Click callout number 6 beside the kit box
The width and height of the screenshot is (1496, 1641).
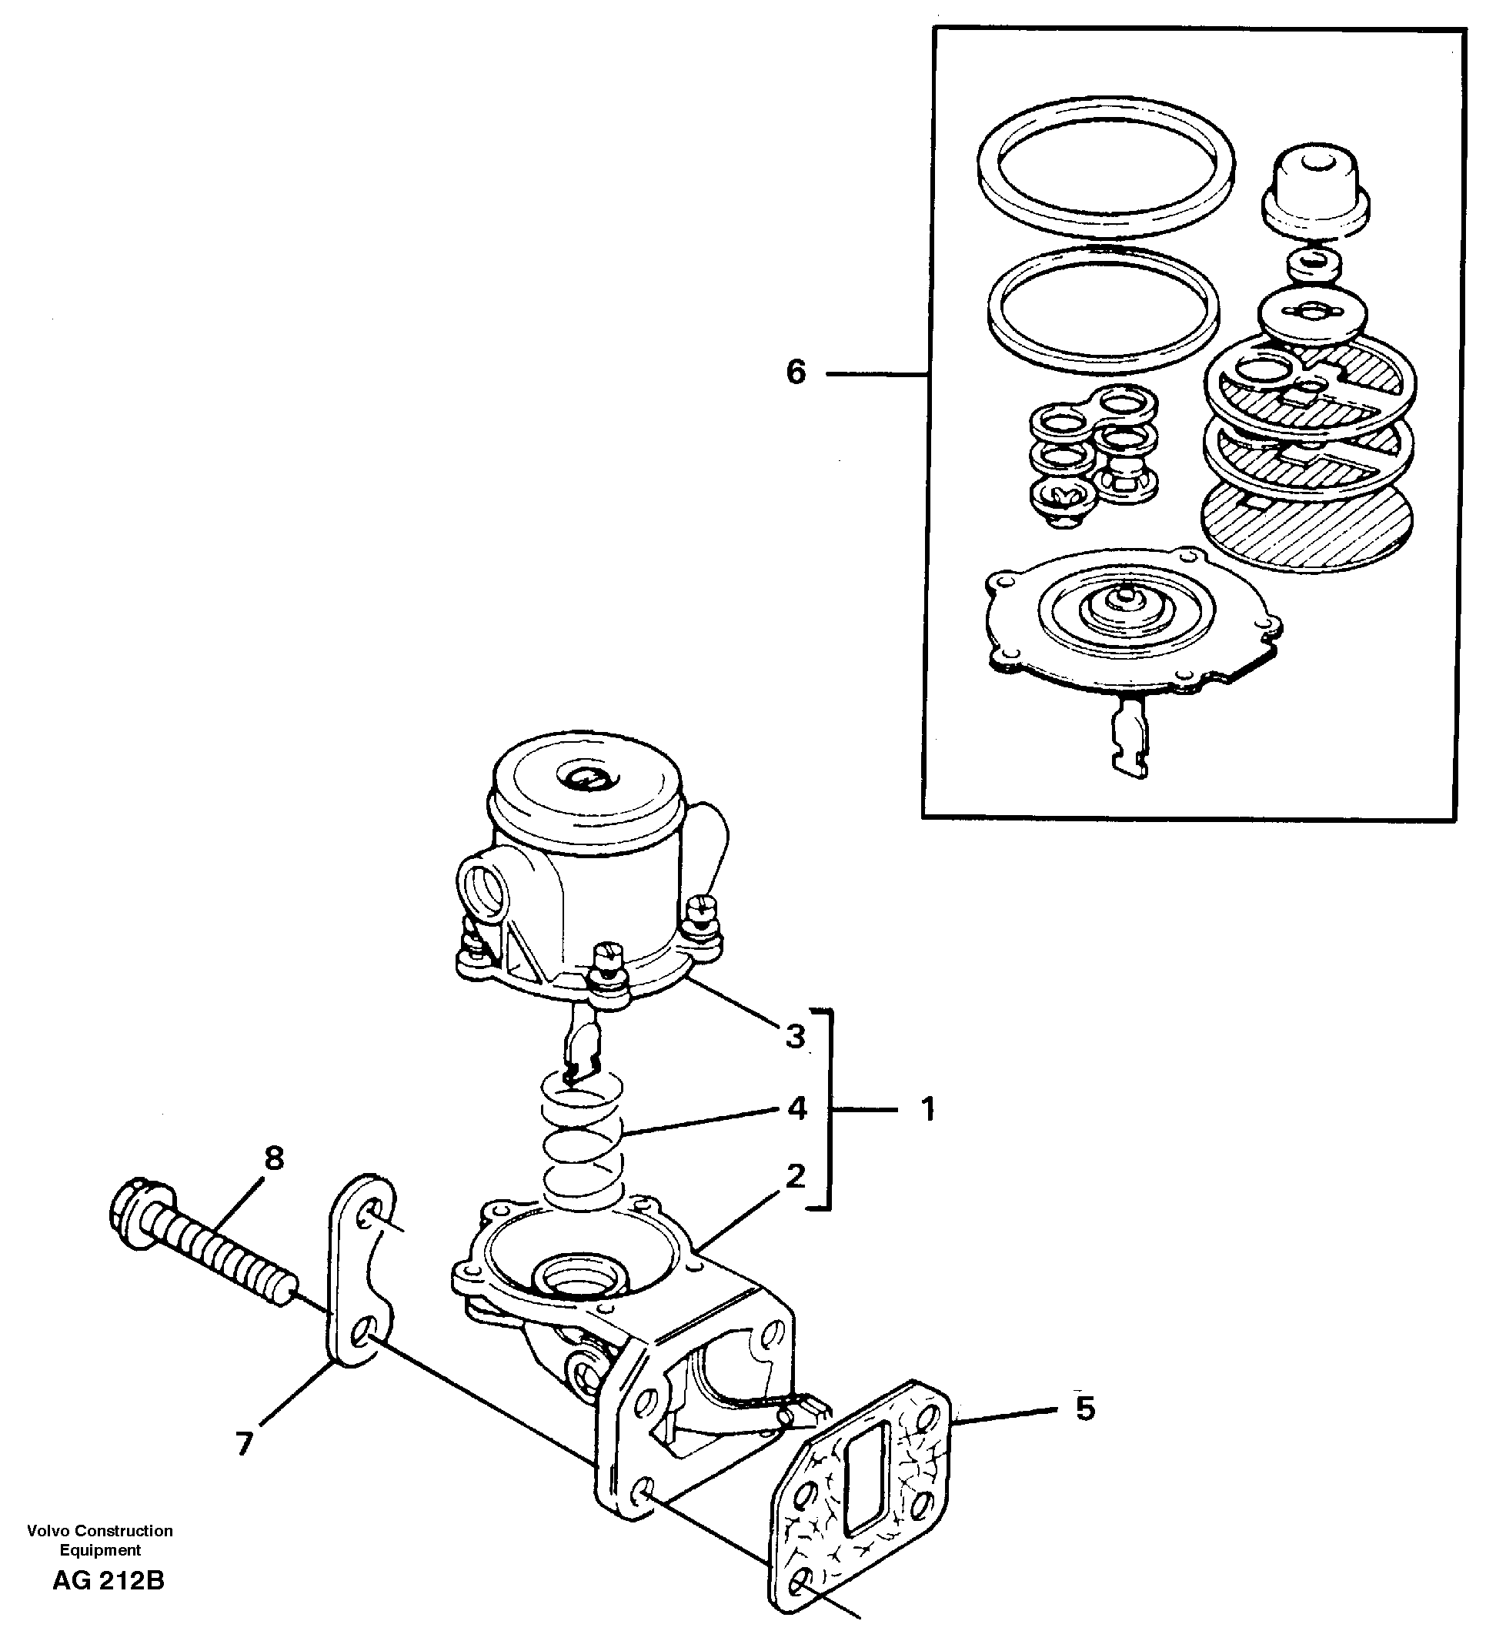tap(795, 373)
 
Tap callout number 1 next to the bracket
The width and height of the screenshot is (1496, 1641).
tap(928, 1108)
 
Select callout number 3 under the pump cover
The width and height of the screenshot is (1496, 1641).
tap(795, 1036)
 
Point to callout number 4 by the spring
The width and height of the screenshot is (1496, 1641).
tap(796, 1108)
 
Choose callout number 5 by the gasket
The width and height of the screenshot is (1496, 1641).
tap(1085, 1409)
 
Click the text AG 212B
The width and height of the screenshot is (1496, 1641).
tap(109, 1581)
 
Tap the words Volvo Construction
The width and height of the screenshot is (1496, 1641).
tap(99, 1530)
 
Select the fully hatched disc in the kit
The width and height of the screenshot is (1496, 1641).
tap(1307, 521)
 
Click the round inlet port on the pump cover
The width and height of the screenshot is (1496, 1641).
tap(482, 889)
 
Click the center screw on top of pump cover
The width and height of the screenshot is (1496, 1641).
tap(584, 778)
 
